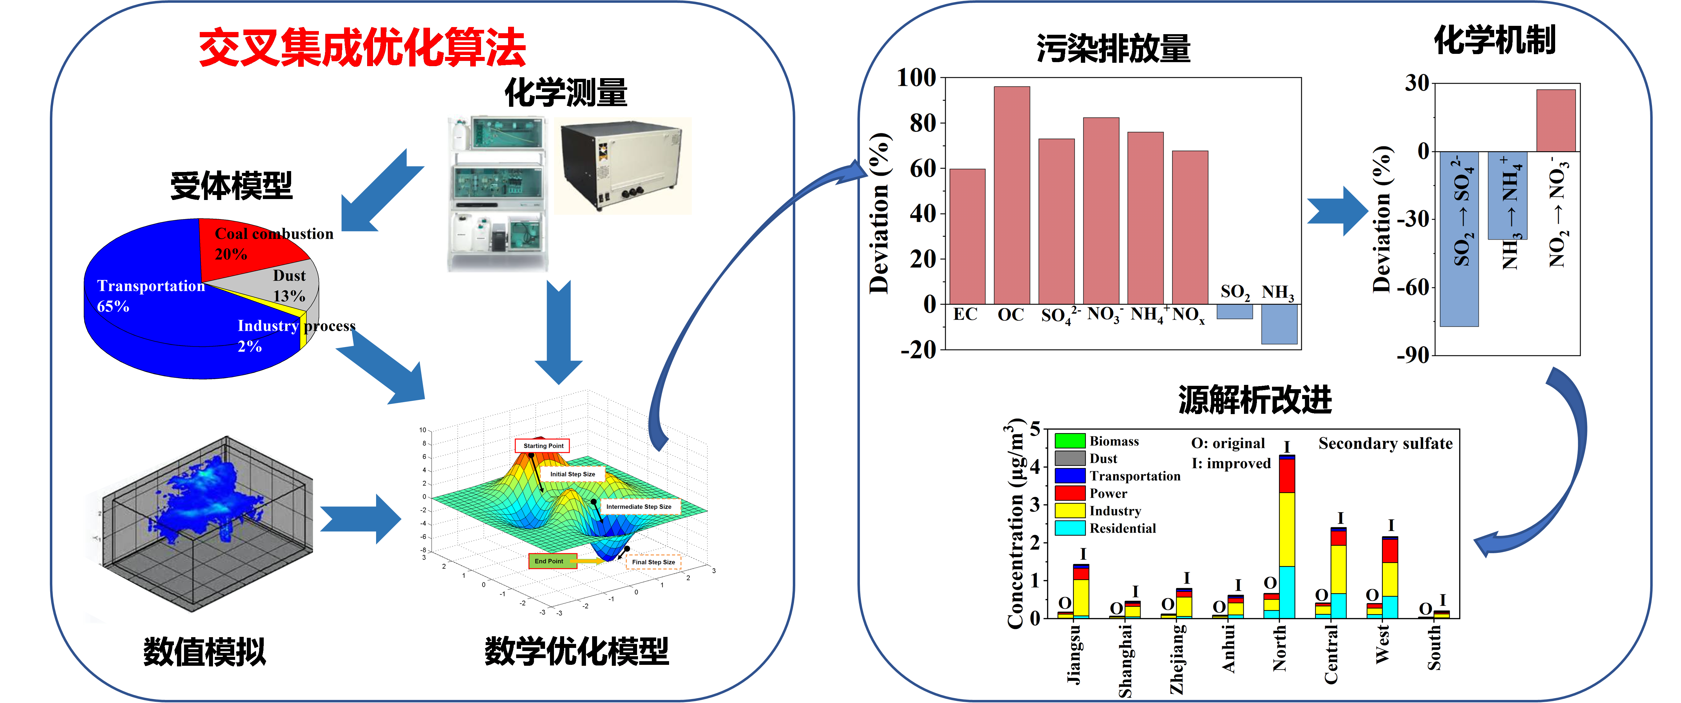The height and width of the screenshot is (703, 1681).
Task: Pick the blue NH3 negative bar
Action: [1279, 324]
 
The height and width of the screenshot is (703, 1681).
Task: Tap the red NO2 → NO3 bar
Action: [1556, 121]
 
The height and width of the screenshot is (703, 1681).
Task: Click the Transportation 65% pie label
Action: [150, 295]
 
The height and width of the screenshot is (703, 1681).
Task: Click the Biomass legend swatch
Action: [1069, 441]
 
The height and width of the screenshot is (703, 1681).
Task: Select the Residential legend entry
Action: [1122, 528]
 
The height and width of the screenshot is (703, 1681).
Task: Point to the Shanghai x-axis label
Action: [1125, 660]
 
